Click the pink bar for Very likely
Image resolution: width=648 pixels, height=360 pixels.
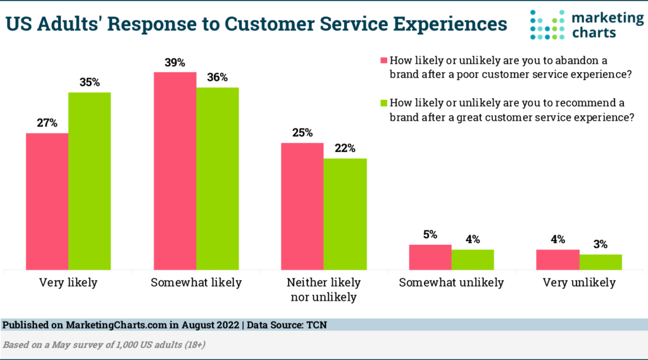coord(47,201)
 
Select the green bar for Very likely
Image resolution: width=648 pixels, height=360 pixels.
coord(89,181)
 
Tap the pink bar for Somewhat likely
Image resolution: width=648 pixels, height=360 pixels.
coord(175,171)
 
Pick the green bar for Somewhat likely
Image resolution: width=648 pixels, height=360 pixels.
coord(217,178)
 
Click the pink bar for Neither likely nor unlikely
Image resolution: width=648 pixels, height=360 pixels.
coord(302,206)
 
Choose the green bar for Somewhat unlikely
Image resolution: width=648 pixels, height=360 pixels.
coord(472,259)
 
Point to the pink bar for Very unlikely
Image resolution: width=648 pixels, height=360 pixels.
coord(558,259)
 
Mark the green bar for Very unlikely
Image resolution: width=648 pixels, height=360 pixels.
coord(600,262)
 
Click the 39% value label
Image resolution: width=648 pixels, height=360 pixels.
coord(175,63)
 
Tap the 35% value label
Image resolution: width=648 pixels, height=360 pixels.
coord(89,83)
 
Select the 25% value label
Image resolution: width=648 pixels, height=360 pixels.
coord(302,133)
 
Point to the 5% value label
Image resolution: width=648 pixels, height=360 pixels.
coord(430,235)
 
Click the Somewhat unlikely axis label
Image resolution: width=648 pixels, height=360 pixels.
coord(451,283)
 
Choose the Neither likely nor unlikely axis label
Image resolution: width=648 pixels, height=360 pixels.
coord(323,289)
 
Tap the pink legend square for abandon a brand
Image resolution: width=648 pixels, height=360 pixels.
coord(382,61)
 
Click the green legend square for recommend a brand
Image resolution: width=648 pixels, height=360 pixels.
coord(382,102)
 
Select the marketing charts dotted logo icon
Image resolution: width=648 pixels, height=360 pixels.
coord(547,24)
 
